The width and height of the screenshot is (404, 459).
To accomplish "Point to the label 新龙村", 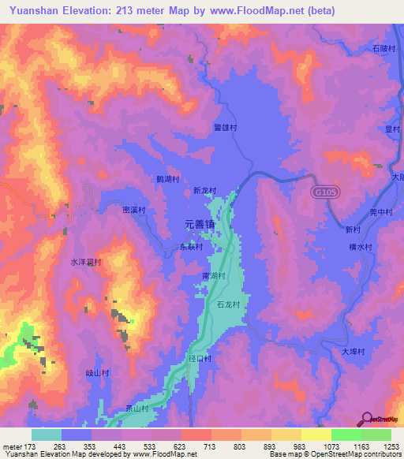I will [204, 190].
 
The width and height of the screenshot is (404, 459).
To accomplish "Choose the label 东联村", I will [189, 247].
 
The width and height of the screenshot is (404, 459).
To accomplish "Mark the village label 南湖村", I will [214, 276].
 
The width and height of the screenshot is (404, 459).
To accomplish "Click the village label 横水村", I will [360, 247].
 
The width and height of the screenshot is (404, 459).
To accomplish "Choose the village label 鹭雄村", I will [226, 126].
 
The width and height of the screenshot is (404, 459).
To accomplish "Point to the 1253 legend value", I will [383, 446].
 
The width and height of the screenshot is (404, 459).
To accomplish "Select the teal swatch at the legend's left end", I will [46, 435].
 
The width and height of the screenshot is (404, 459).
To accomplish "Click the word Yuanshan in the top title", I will [30, 10].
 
